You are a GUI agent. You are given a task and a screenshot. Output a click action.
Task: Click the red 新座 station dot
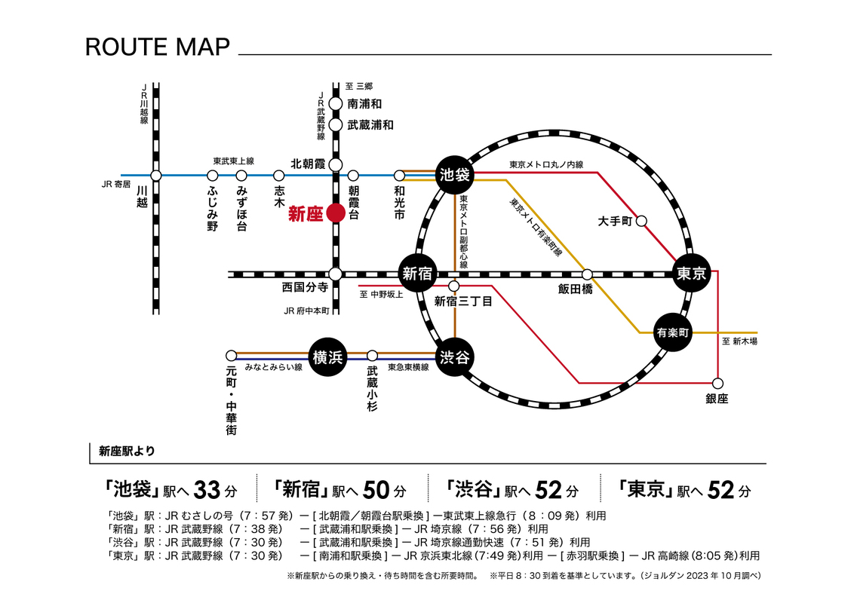[336, 214]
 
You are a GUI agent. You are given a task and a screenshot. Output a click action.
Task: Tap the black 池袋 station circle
[454, 176]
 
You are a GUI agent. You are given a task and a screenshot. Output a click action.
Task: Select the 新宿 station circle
[416, 274]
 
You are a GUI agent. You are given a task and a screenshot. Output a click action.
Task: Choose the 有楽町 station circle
[673, 332]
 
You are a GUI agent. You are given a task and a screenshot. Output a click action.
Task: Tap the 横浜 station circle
[328, 356]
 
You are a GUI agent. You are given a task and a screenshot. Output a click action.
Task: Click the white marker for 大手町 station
[642, 222]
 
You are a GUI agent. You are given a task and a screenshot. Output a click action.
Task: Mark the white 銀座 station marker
[717, 382]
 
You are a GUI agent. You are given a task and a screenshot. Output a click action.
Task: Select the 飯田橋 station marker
[587, 274]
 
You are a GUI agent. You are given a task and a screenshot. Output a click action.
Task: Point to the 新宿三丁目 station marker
[454, 286]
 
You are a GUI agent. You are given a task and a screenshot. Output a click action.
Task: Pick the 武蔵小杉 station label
[372, 389]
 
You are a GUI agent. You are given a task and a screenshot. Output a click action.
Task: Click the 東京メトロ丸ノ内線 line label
[546, 164]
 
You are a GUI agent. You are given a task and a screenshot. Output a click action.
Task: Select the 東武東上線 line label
[233, 161]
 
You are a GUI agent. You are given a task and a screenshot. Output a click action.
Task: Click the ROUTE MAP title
[157, 47]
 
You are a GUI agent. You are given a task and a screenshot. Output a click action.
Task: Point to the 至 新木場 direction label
[739, 342]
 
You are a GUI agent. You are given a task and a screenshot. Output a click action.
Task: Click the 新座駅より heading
[127, 451]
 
